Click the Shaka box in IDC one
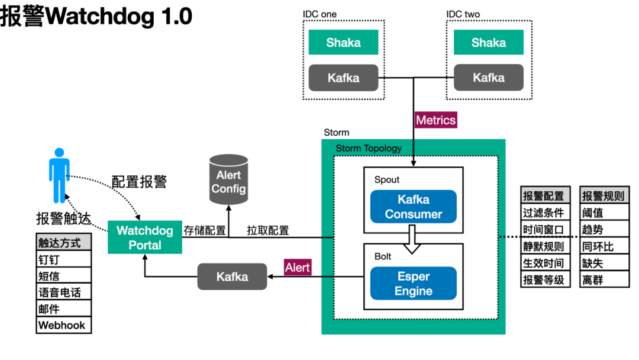tap(343, 42)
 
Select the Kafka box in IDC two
tap(489, 78)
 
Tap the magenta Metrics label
tap(435, 120)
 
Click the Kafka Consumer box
tap(413, 207)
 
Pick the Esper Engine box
tap(413, 284)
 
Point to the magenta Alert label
tap(298, 268)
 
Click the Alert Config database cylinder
tap(228, 179)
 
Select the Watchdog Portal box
tap(145, 237)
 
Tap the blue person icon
tap(59, 175)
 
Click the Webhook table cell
tap(63, 325)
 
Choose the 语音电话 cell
tap(63, 292)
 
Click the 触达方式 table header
tap(63, 242)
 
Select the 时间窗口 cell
tap(546, 230)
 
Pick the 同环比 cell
tap(604, 246)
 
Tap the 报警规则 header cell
tap(604, 195)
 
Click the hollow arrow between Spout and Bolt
tap(412, 239)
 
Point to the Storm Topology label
tap(369, 149)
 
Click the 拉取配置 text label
tap(268, 230)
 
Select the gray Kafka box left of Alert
tap(233, 277)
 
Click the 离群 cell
tap(604, 279)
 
